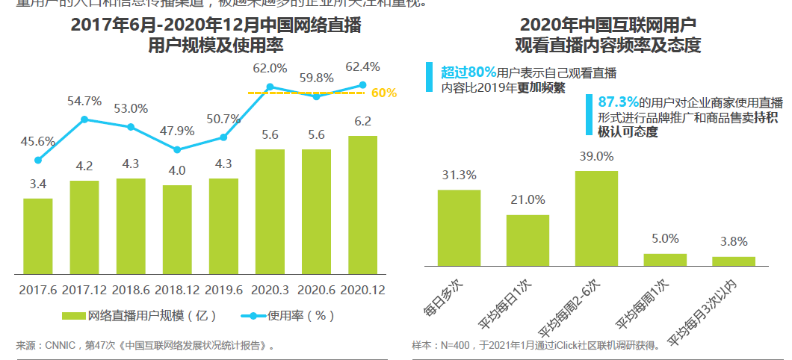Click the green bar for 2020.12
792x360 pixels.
coord(362,205)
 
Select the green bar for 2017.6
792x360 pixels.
coord(38,236)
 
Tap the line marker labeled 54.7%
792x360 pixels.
coord(84,119)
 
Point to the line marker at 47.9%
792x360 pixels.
coord(177,149)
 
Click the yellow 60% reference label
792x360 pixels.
coord(383,93)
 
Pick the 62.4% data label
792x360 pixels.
coord(362,66)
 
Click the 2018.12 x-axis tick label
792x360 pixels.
coord(177,288)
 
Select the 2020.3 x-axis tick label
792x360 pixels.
coord(270,288)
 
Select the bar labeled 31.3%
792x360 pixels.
coord(459,228)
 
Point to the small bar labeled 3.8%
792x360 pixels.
coord(734,261)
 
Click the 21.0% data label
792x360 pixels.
coord(528,199)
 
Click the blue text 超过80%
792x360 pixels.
coord(468,72)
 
